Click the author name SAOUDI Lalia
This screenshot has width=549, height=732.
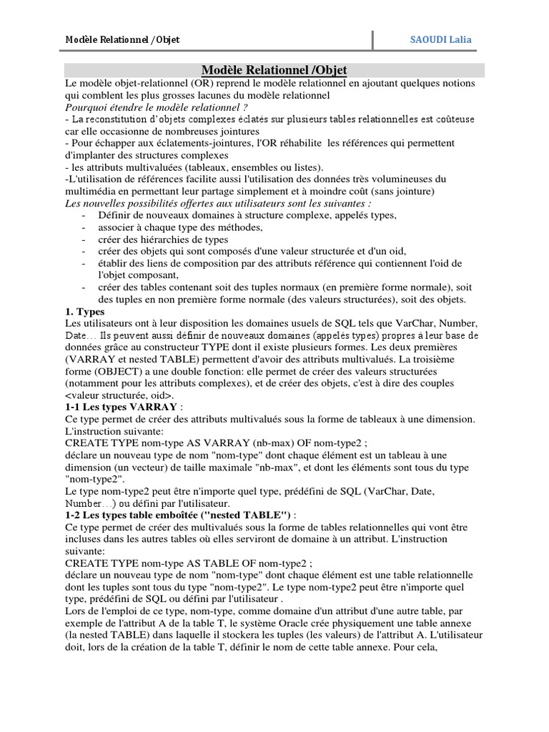[440, 40]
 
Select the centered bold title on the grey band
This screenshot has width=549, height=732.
[274, 70]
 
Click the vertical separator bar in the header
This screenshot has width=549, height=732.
[372, 40]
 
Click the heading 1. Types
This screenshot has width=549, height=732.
[84, 312]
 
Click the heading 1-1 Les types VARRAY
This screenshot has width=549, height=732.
[122, 407]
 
